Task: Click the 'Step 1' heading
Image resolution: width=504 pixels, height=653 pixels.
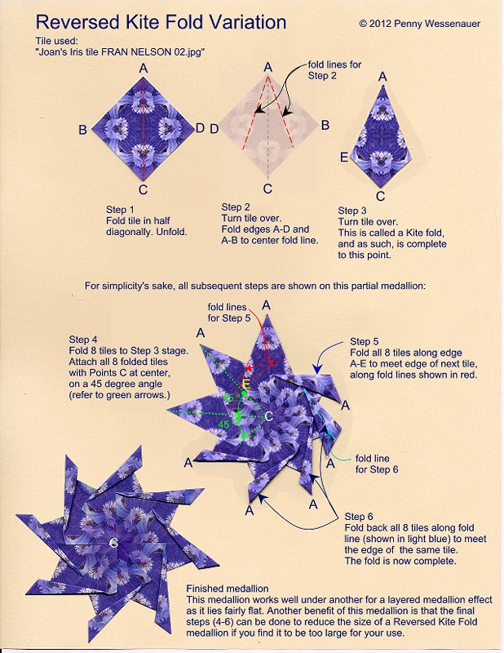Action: pyautogui.click(x=122, y=209)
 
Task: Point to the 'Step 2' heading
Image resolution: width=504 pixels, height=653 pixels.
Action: pyautogui.click(x=237, y=207)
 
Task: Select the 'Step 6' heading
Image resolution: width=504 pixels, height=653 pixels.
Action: pyautogui.click(x=360, y=517)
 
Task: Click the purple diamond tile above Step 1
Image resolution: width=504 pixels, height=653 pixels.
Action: pyautogui.click(x=143, y=128)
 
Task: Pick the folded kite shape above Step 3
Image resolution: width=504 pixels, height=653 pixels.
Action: pyautogui.click(x=380, y=135)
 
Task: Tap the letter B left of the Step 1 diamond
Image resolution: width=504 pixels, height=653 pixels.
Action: pyautogui.click(x=82, y=129)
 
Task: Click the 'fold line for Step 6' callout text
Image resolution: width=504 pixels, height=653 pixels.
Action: pyautogui.click(x=377, y=464)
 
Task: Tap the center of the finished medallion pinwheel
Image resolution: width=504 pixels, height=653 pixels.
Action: pyautogui.click(x=113, y=542)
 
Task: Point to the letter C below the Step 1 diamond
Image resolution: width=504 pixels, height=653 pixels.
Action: pyautogui.click(x=143, y=191)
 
